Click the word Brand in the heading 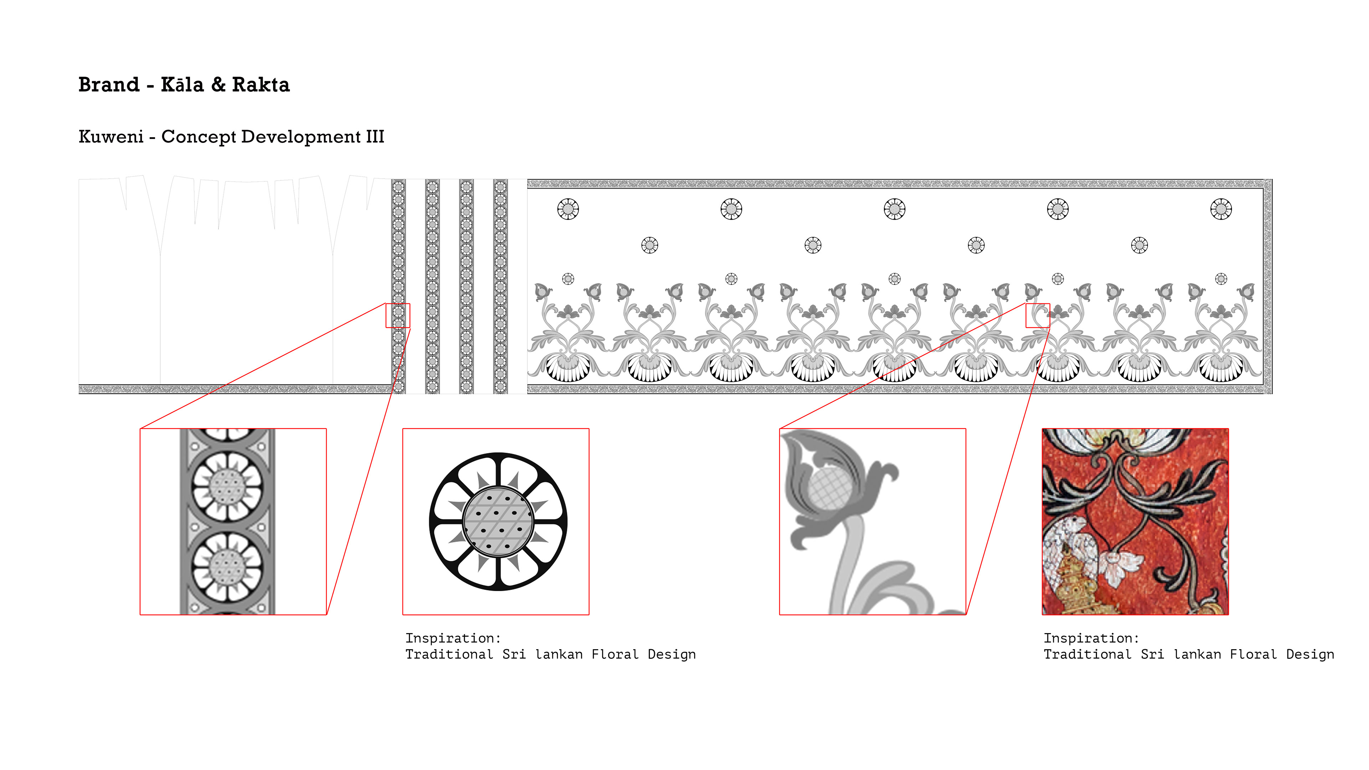pos(109,84)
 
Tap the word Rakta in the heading pos(261,84)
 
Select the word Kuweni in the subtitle pos(111,137)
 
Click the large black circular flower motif pos(498,521)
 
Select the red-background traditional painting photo pos(1135,521)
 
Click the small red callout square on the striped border pos(398,315)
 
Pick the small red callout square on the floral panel pos(1037,315)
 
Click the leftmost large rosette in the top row pos(568,209)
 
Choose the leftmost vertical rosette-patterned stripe pos(399,286)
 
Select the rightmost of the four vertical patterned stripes pos(500,286)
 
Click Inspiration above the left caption pos(453,638)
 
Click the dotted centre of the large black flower pos(498,521)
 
